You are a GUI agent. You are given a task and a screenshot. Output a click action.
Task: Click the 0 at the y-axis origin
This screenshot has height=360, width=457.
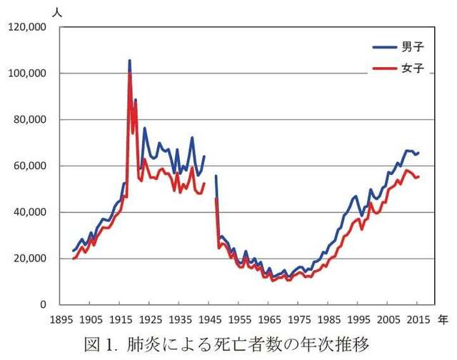(x=44, y=305)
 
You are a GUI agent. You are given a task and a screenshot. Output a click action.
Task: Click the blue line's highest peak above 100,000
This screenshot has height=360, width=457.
(x=129, y=61)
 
